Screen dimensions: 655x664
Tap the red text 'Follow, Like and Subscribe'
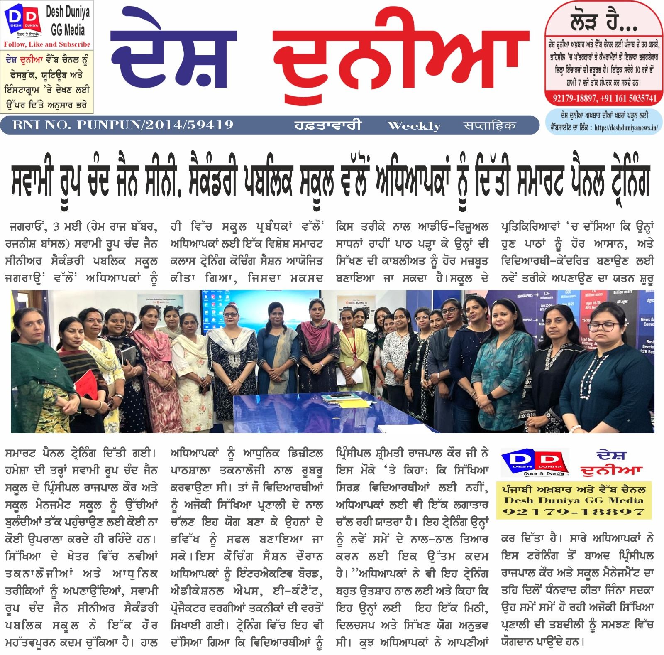click(x=47, y=44)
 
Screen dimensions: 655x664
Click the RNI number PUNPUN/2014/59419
click(x=122, y=125)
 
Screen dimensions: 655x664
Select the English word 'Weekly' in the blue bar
click(x=414, y=125)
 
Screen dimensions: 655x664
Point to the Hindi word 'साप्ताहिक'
click(x=490, y=125)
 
